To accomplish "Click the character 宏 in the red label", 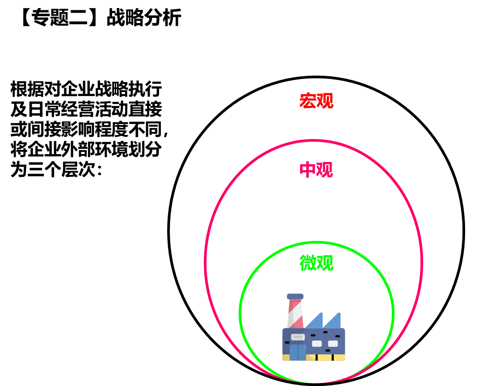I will (307, 101).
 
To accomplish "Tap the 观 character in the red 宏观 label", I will (325, 101).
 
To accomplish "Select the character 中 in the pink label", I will (307, 170).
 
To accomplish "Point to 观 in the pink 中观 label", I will (325, 170).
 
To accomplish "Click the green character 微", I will (307, 263).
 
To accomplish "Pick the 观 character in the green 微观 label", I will (325, 263).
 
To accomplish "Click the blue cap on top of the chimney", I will (295, 296).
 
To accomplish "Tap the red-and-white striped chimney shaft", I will (295, 314).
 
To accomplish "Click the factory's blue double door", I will (298, 352).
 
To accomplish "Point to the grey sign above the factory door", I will (298, 337).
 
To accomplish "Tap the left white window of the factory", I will (317, 344).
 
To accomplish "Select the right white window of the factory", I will (333, 344).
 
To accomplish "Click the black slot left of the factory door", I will (287, 343).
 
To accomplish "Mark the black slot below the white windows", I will (328, 351).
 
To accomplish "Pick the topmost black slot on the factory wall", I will (325, 332).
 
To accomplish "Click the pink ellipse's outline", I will (205, 261).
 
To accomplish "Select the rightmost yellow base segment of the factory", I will (339, 357).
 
